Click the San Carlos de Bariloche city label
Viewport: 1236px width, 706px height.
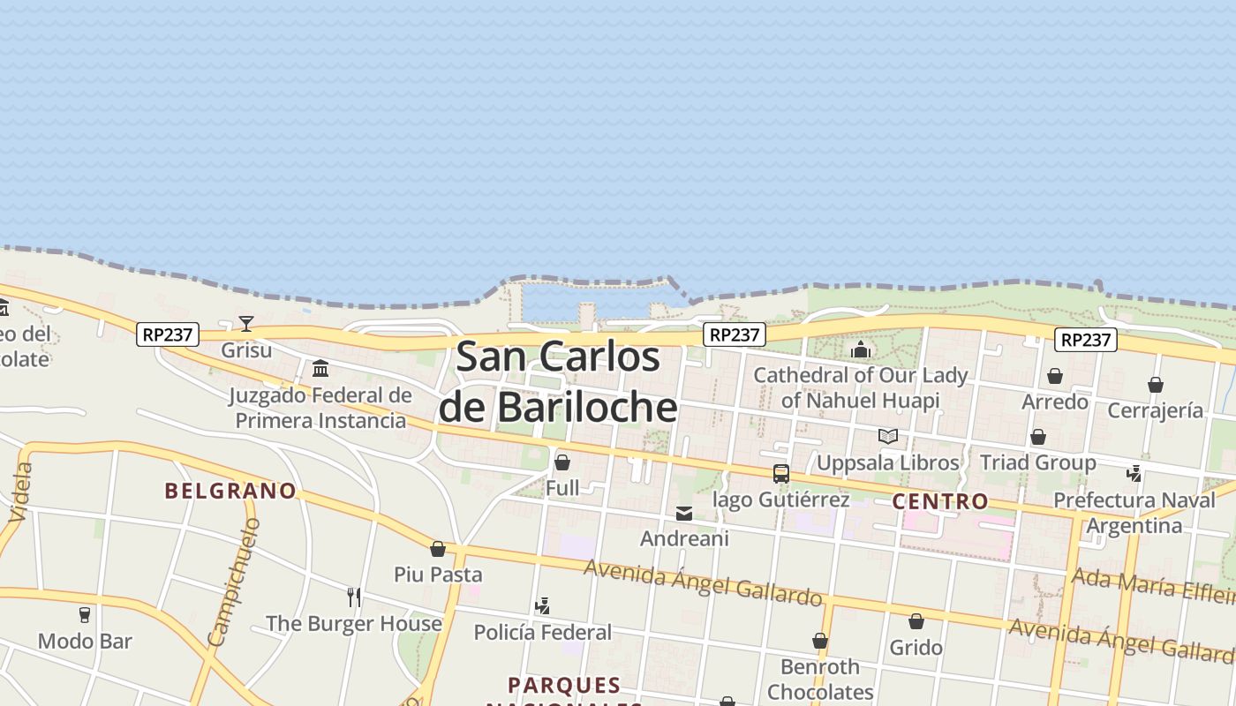pos(558,382)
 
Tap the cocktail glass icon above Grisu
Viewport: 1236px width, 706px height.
pos(246,324)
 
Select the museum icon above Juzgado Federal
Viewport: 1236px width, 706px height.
pos(320,368)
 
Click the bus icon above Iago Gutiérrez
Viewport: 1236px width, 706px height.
pos(781,474)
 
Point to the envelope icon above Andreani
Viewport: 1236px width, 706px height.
pos(684,513)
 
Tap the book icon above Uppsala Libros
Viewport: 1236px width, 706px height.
pos(888,436)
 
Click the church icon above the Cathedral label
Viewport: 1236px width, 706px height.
pos(861,349)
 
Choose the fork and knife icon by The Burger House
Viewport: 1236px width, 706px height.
pos(354,597)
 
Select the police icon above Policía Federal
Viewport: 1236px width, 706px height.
pos(543,606)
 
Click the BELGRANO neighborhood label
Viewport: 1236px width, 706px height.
pos(230,492)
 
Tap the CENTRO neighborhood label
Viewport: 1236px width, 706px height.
pos(940,502)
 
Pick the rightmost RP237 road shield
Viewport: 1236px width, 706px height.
pos(1086,340)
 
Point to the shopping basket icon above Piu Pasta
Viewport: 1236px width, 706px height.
pos(438,549)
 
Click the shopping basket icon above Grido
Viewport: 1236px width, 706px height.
pos(916,621)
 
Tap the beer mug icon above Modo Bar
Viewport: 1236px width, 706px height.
pos(85,614)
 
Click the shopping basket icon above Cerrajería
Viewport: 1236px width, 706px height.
pos(1156,385)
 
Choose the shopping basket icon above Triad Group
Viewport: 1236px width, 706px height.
pos(1038,437)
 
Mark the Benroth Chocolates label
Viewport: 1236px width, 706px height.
pos(820,679)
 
